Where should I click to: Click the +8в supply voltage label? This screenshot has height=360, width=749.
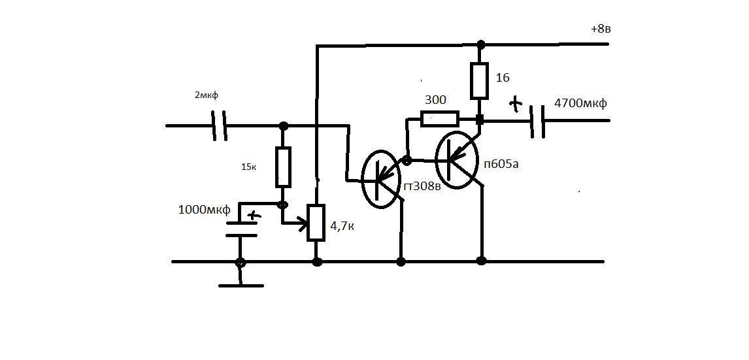pyautogui.click(x=601, y=29)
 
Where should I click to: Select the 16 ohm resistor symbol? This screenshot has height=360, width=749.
pyautogui.click(x=480, y=81)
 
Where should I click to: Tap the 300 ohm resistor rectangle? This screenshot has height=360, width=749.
pyautogui.click(x=439, y=118)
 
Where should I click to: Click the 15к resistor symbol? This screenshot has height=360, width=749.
pyautogui.click(x=283, y=167)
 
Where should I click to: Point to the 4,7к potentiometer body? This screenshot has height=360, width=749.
pyautogui.click(x=316, y=222)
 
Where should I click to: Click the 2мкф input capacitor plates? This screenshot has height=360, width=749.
pyautogui.click(x=219, y=125)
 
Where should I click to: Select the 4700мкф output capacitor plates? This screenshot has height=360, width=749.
pyautogui.click(x=537, y=121)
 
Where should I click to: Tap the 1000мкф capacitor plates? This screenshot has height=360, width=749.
pyautogui.click(x=241, y=229)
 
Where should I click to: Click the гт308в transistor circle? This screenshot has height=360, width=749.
pyautogui.click(x=381, y=178)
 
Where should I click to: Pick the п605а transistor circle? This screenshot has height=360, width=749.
pyautogui.click(x=457, y=159)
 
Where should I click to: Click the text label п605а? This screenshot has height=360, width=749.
pyautogui.click(x=501, y=164)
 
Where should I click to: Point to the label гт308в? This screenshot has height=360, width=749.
pyautogui.click(x=422, y=186)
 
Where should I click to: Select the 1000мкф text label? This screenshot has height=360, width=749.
pyautogui.click(x=205, y=210)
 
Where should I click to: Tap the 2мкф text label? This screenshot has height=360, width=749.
pyautogui.click(x=207, y=95)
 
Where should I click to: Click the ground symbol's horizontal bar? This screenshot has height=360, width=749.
pyautogui.click(x=241, y=286)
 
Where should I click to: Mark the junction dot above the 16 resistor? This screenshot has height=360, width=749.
pyautogui.click(x=481, y=45)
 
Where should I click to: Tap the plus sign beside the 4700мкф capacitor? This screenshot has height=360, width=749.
pyautogui.click(x=514, y=104)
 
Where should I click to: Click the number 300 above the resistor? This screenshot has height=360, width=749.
pyautogui.click(x=436, y=100)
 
